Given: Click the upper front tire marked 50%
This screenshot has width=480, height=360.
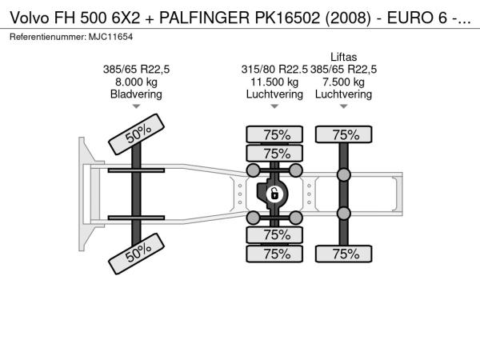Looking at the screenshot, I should coord(137,133).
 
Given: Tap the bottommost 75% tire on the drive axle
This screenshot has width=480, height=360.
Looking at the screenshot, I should coord(276,254).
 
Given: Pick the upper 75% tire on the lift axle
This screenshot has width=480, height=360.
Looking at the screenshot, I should coord(345,134).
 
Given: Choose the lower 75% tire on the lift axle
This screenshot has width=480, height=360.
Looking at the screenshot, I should coord(345,254).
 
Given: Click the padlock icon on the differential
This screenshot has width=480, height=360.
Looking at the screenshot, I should coord(274,194).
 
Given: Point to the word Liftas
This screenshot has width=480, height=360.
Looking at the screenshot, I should coord(344,57).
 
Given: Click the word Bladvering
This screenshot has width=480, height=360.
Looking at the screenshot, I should coord(136,94).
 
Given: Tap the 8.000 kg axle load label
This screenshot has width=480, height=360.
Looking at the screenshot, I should coord(136,82).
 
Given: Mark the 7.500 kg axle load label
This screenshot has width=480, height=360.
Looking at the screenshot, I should coord(344,82).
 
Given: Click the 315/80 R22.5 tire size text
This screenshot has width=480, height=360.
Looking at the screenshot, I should coord(274,70).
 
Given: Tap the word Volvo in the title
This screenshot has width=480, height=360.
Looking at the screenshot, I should coord(27,15).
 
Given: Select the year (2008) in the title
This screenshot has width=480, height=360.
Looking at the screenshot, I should coord(325,15).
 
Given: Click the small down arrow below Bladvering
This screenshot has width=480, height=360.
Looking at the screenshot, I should coord(136,106).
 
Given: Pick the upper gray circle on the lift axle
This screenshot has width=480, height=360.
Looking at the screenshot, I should coord(344,175).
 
